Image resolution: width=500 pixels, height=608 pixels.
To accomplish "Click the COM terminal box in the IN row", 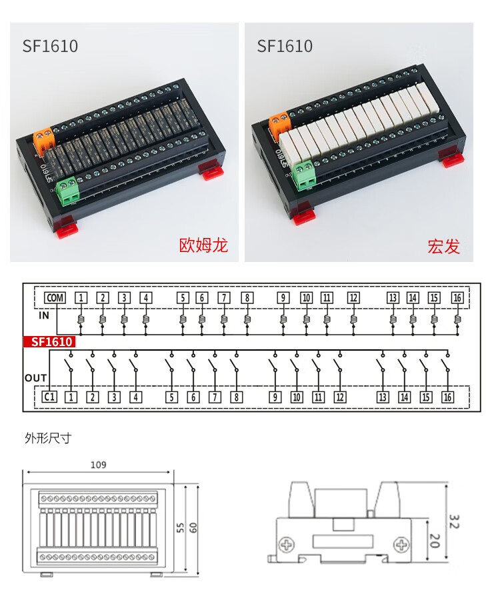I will point(55,298).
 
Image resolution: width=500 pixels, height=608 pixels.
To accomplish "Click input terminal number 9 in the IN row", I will point(283,298).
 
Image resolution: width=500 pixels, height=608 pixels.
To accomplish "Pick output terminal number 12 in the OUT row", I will point(340,397).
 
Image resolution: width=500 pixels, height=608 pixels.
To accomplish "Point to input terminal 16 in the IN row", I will point(457,298).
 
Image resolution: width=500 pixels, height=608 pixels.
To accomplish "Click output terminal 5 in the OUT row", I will point(172,397).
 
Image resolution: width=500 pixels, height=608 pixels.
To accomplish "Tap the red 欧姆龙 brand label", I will point(204,245).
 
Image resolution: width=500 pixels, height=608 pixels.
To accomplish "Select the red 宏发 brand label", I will point(443,246).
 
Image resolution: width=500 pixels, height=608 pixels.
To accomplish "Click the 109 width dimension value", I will point(98,465).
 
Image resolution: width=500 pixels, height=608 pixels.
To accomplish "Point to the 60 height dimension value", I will point(193,527).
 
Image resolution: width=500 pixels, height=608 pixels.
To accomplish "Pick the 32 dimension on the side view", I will point(454,520).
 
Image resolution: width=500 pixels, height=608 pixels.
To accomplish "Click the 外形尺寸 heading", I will point(48,438).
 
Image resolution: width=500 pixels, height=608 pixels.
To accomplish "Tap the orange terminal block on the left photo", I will point(43,138).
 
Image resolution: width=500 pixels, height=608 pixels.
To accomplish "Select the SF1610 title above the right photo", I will point(285,46).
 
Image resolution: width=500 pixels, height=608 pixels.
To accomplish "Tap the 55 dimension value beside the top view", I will point(179,527).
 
